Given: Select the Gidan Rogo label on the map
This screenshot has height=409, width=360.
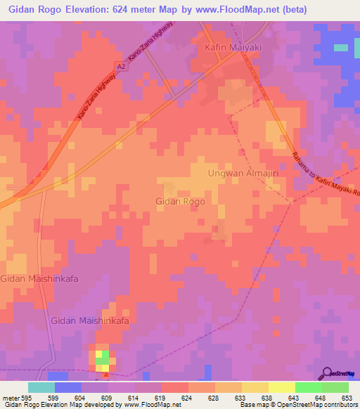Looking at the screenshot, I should pos(180,202).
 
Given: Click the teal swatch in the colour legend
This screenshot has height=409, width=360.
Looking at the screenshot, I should pos(41,387).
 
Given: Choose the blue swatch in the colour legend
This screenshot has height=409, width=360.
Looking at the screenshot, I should pos(68,387).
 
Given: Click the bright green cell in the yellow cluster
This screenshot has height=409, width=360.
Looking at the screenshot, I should pos(103,361).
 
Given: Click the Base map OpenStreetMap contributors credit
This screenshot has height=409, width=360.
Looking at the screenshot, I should pos(297,405).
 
